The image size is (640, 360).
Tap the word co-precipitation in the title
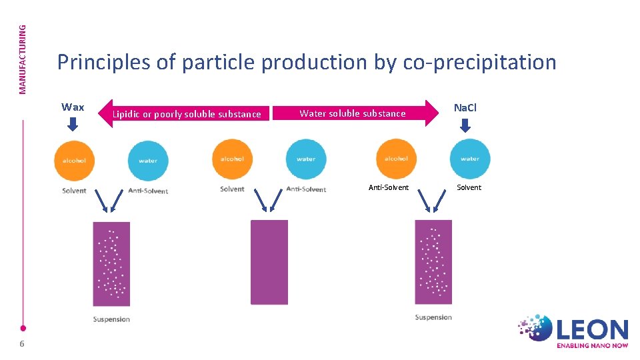click(479, 63)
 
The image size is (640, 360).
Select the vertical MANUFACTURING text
click(23, 59)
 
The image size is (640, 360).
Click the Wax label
click(73, 107)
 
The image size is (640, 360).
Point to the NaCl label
click(465, 107)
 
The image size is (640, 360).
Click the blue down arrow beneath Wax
click(73, 124)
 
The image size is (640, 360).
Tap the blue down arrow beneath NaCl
click(465, 125)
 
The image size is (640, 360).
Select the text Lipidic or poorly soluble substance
click(187, 114)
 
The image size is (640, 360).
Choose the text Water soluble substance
click(352, 113)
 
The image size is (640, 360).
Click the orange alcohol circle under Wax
click(74, 160)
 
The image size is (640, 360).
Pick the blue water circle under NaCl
click(469, 159)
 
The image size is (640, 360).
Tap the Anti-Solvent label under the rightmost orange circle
click(389, 187)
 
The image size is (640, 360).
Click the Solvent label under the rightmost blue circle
click(469, 187)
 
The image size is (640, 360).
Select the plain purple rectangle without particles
click(269, 262)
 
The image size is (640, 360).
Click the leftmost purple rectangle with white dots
click(111, 263)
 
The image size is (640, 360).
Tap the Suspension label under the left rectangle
click(111, 319)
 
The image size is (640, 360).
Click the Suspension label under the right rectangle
click(433, 317)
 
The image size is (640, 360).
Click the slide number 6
click(22, 343)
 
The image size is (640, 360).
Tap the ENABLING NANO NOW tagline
click(592, 345)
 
